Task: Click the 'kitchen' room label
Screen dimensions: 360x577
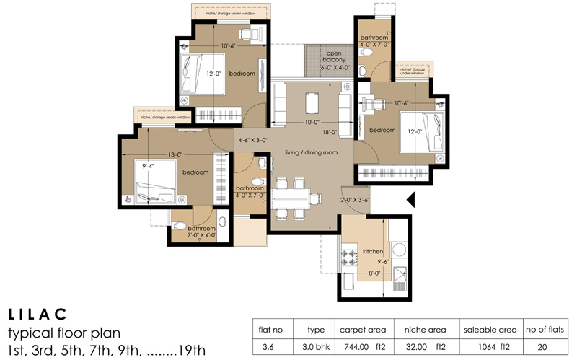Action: tap(373, 251)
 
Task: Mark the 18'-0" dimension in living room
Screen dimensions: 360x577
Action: tap(330, 132)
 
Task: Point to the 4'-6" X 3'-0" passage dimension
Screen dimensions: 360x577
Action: tap(252, 141)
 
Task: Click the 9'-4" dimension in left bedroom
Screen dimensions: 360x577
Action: tap(150, 167)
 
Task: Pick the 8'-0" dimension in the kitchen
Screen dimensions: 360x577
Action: tap(374, 273)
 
